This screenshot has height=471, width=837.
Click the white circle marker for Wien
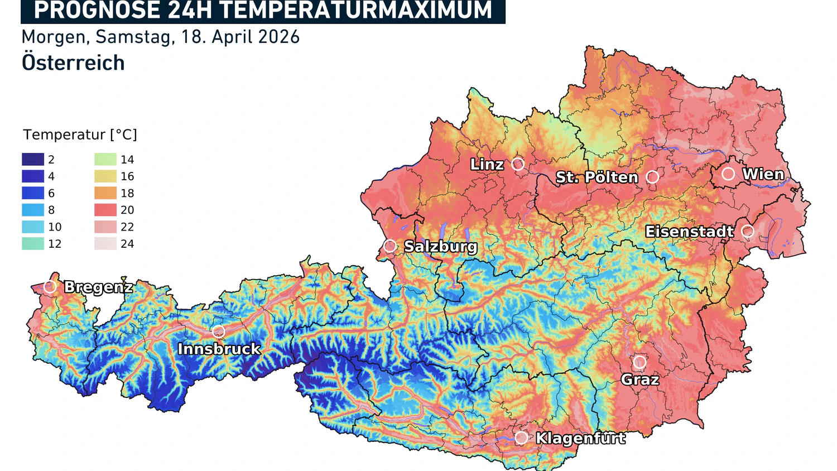[728, 174]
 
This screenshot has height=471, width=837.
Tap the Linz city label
[487, 165]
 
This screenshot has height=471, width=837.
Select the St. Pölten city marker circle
[652, 177]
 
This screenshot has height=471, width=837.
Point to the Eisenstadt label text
[689, 232]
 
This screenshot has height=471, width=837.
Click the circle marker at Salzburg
[390, 246]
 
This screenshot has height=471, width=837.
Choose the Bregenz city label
[98, 287]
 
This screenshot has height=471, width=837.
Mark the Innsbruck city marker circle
[219, 332]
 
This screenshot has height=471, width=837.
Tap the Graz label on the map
[640, 380]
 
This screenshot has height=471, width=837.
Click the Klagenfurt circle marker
[521, 438]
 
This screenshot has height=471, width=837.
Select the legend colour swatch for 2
[33, 160]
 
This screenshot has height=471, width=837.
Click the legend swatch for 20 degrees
[105, 210]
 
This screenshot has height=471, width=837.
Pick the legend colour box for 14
[105, 160]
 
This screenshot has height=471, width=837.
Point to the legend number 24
[127, 244]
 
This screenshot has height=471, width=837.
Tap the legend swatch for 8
[33, 210]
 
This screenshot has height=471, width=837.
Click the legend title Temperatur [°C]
[80, 134]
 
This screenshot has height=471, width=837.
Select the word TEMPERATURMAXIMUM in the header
[355, 11]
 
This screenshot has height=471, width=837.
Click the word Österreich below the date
[73, 63]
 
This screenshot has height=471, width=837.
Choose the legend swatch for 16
[105, 176]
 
